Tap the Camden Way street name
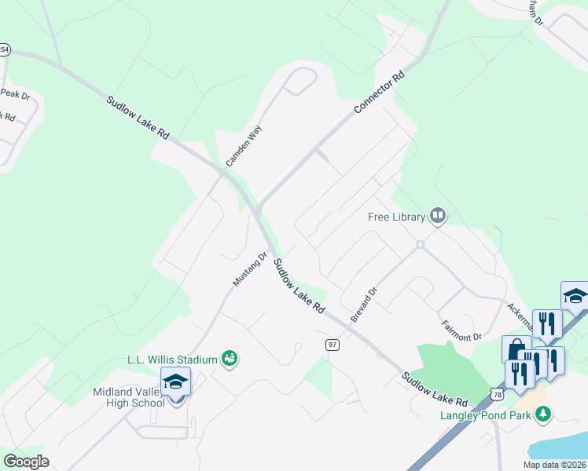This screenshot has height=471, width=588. [x=243, y=144]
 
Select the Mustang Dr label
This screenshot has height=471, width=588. [x=251, y=268]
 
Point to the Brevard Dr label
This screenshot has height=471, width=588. [x=365, y=304]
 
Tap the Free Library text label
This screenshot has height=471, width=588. [x=396, y=217]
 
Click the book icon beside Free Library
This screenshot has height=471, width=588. [x=437, y=216]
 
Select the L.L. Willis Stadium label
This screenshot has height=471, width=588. [x=172, y=360]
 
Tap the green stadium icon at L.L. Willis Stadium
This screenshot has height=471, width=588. [x=230, y=359]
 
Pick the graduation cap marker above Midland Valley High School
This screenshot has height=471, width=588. [x=175, y=382]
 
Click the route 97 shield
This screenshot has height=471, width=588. [x=332, y=345]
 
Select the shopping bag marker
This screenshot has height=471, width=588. [x=516, y=350]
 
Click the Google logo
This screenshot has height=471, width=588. [x=26, y=461]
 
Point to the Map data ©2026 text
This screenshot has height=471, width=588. [x=554, y=465]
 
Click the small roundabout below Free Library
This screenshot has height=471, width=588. [x=421, y=245]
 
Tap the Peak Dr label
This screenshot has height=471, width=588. [x=15, y=94]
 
